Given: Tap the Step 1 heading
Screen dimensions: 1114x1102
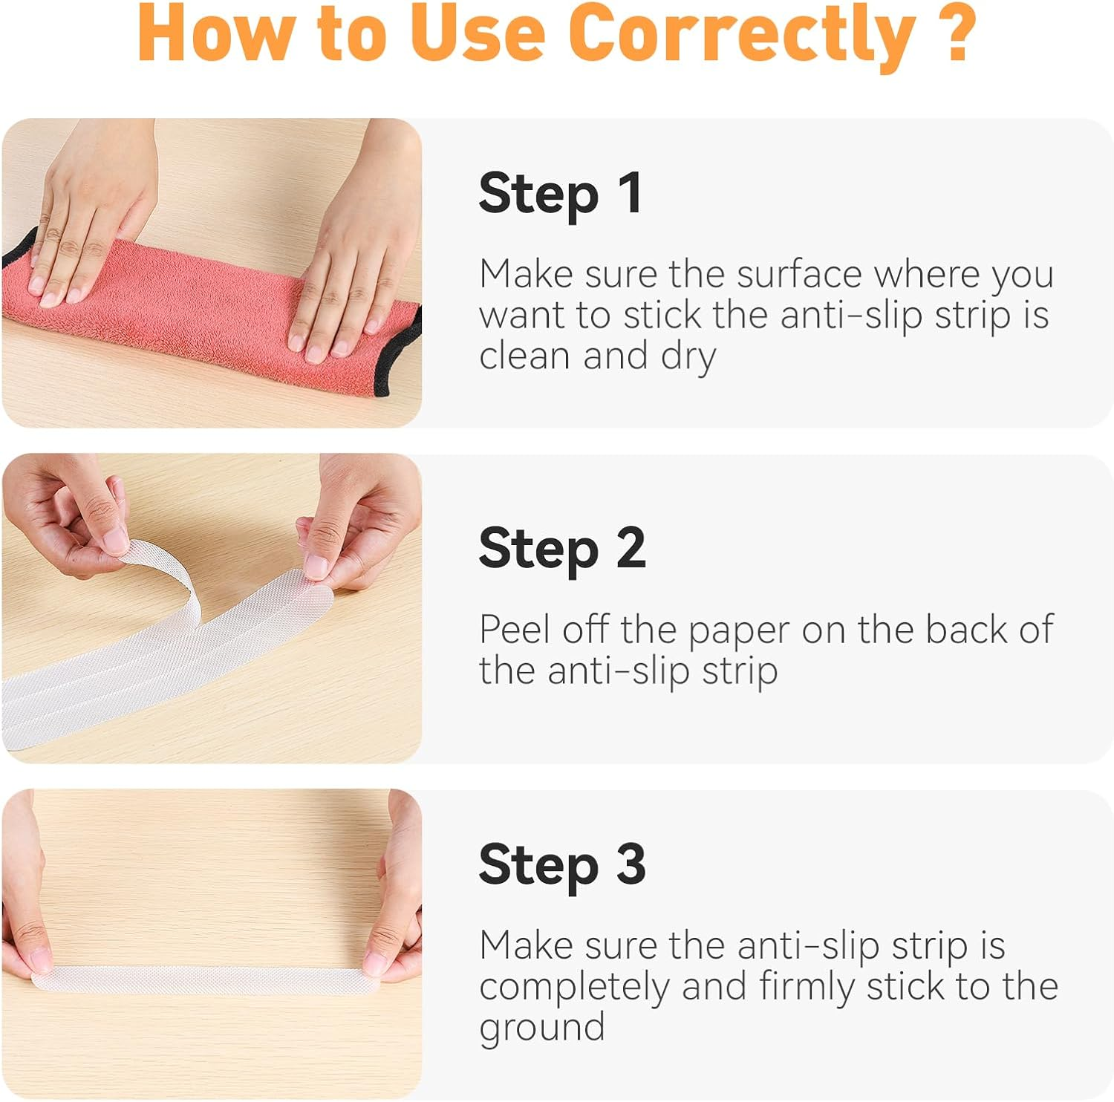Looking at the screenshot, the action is coord(561,194).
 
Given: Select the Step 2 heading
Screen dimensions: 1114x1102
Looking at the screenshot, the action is coord(562,549).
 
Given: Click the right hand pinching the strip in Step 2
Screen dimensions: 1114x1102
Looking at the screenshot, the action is coord(360,520).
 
